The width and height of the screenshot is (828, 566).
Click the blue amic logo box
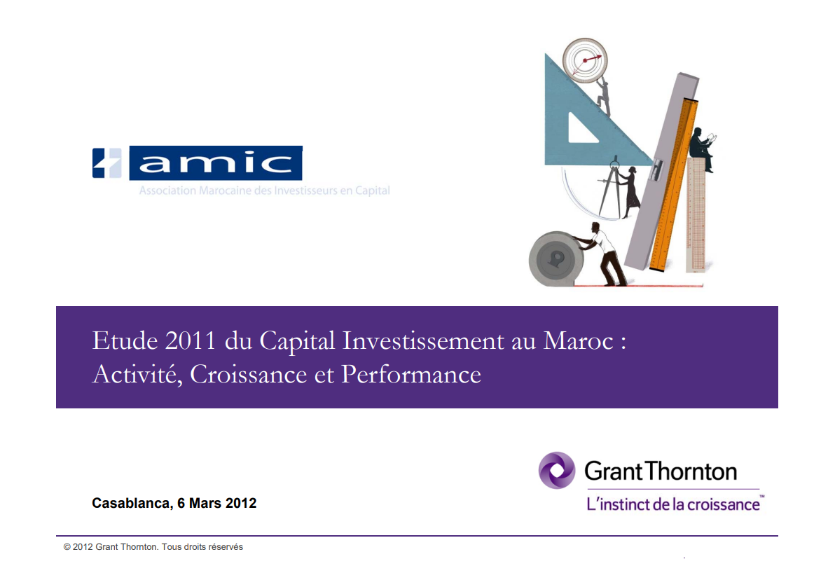click(x=216, y=163)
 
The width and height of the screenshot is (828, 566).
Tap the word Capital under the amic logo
click(x=372, y=191)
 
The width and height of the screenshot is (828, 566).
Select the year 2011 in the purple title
click(x=190, y=340)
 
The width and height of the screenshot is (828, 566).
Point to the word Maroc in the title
click(x=578, y=340)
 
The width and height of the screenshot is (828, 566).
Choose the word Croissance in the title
click(x=248, y=374)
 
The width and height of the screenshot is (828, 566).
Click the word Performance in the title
click(x=410, y=374)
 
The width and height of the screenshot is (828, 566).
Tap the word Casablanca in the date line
click(x=132, y=503)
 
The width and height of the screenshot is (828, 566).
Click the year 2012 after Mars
click(x=241, y=503)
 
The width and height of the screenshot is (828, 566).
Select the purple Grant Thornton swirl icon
click(x=557, y=471)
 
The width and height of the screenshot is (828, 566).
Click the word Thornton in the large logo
click(x=691, y=471)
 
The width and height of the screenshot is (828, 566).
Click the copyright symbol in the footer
click(x=67, y=547)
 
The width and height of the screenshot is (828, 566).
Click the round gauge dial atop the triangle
click(x=585, y=60)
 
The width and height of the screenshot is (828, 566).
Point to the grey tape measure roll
click(x=556, y=259)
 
